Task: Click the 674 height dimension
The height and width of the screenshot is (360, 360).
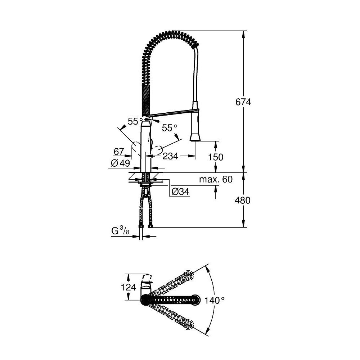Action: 244,102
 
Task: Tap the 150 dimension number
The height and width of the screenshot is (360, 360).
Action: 216,157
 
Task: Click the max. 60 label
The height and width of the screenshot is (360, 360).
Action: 217,179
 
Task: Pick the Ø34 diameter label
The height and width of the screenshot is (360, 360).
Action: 180,192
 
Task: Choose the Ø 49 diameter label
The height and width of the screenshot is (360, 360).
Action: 121,163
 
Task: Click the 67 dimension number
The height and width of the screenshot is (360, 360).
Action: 119,151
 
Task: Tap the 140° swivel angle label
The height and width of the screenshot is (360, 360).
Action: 215,300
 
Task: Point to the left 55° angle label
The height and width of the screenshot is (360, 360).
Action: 133,122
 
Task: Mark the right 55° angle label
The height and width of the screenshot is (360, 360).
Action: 169,128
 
